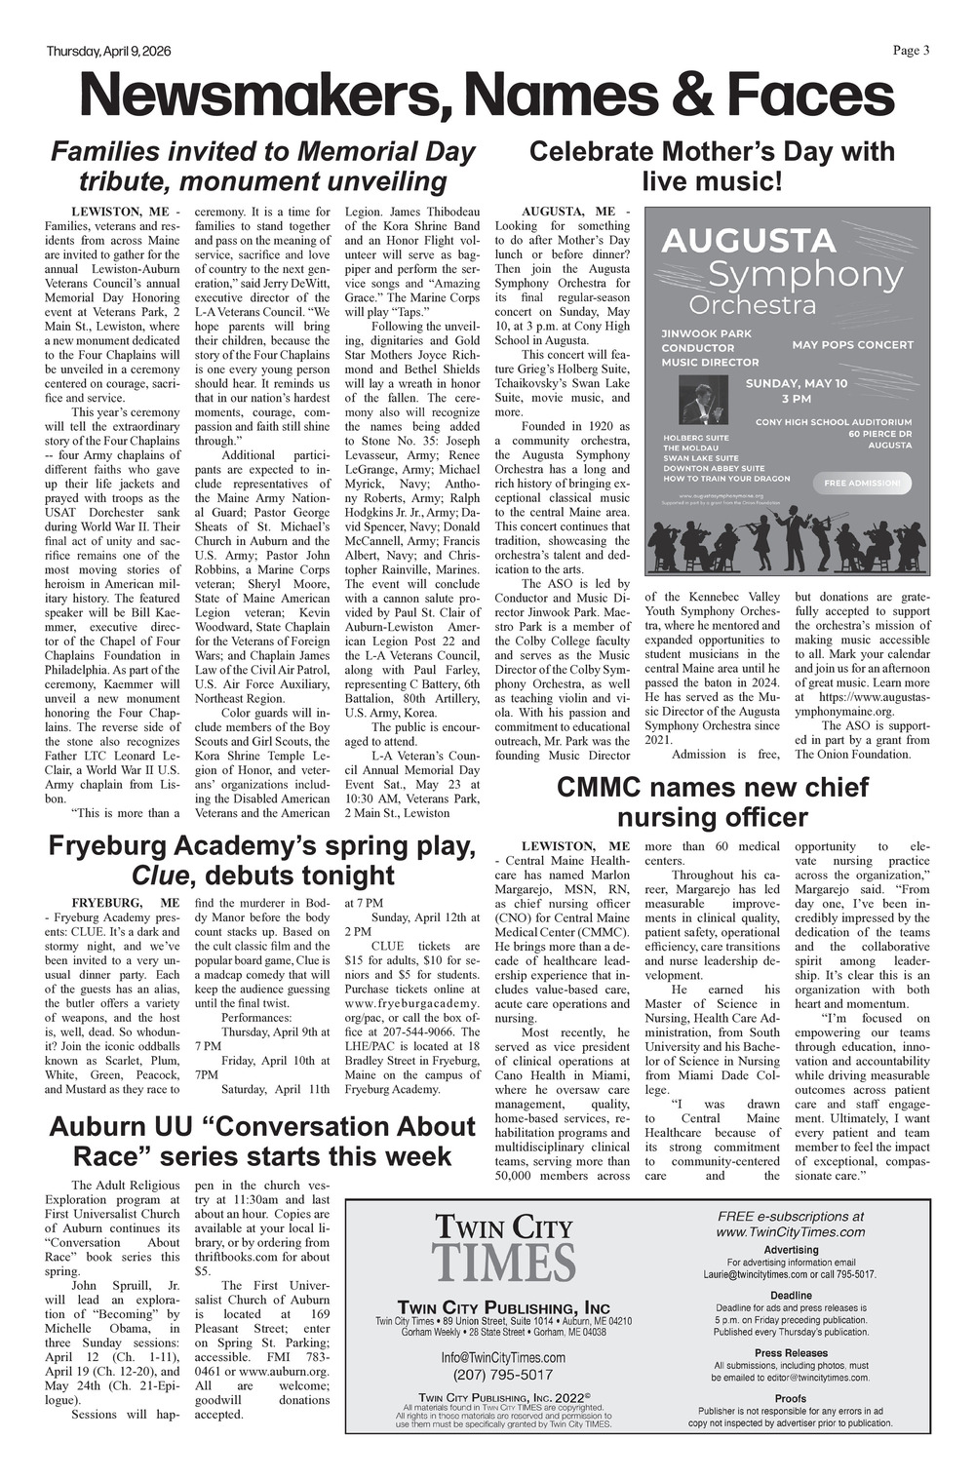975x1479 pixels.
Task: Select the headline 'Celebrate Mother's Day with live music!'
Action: pos(711,167)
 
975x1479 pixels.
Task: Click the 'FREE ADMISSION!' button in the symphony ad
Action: pos(862,482)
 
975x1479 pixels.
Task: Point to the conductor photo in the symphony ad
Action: pos(701,403)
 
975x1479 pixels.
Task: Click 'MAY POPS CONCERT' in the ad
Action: pos(852,344)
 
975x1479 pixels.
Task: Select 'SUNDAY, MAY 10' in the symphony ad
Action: pos(796,383)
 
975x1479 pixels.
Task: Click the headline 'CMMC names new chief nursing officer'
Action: pos(711,801)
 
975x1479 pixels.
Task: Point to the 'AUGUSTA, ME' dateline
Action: pos(569,212)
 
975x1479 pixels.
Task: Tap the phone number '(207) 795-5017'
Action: pos(503,1375)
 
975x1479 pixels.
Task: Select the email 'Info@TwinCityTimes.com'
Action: pos(503,1357)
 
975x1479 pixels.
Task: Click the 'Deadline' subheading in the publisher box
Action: pos(791,1295)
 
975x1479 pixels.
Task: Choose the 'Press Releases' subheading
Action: pos(791,1353)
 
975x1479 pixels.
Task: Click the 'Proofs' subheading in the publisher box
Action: pos(791,1398)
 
